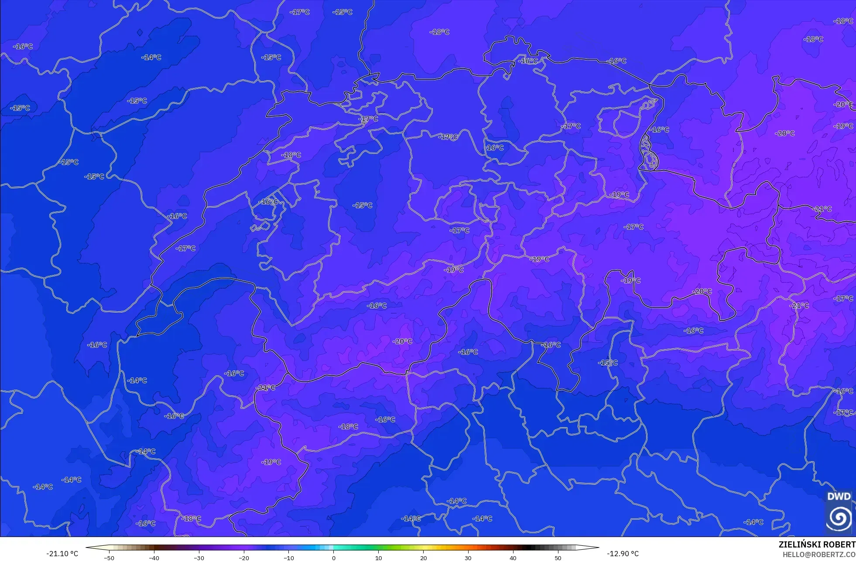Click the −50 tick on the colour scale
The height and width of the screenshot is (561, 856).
(109, 558)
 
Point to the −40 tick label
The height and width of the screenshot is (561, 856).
(154, 558)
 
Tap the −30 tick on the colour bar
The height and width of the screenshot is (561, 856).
(199, 558)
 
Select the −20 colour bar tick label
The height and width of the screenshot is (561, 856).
(244, 558)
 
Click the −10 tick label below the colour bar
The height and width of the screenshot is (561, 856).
(289, 558)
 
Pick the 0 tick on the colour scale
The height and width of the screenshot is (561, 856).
(334, 558)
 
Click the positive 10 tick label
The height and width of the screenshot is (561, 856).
(378, 558)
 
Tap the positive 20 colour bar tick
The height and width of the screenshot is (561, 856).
(423, 558)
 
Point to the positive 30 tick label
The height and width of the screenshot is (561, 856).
(468, 558)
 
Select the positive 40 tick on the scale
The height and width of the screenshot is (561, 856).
(513, 558)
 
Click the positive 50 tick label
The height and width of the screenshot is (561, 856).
(558, 558)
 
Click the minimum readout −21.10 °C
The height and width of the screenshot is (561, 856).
(62, 554)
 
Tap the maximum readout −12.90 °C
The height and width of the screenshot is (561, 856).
(623, 554)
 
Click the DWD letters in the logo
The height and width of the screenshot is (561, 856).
(839, 496)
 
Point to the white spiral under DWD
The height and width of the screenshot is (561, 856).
(839, 518)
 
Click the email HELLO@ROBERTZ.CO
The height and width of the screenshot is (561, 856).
(819, 554)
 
